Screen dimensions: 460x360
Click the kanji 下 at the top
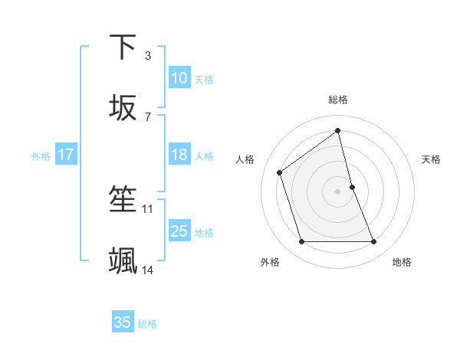point(123,47)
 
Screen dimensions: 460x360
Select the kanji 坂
point(123,109)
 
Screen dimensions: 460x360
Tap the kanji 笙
point(123,200)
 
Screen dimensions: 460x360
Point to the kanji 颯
point(123,261)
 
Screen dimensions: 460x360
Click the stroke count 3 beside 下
point(148,55)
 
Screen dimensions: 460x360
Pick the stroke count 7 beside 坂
point(148,116)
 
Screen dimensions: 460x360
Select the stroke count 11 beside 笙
point(148,208)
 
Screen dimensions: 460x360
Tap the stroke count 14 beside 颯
point(148,270)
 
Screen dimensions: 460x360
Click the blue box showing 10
point(179,78)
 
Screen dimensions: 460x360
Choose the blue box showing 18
point(179,155)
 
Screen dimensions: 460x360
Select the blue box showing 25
point(179,231)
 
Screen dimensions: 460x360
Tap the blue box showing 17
point(66,155)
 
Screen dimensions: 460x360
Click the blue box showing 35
point(123,322)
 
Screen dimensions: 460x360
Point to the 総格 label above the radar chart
point(338,100)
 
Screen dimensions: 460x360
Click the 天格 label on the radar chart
point(432,159)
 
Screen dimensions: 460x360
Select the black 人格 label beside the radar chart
point(245,159)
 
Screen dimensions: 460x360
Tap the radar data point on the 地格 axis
point(374,242)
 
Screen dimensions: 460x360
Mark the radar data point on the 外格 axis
point(301,242)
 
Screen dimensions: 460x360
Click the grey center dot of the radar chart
point(338,191)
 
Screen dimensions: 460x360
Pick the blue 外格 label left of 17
point(41,155)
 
